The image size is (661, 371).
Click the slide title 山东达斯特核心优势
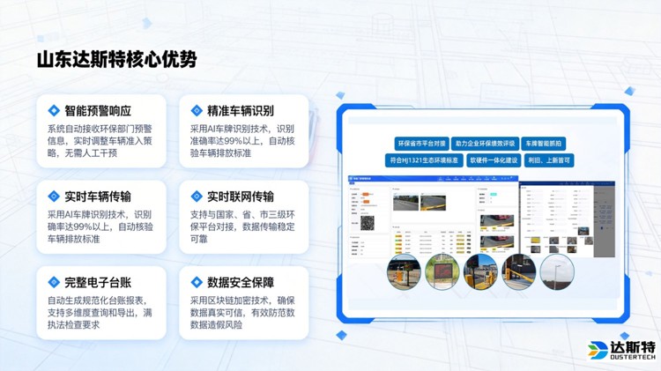pos(116,60)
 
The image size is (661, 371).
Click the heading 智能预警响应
pos(98,111)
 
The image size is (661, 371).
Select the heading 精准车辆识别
pos(240,111)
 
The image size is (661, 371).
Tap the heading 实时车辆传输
pos(98,197)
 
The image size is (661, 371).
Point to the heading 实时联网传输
pos(240,197)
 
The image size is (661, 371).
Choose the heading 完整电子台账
pos(98,283)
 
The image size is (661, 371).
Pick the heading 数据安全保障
pos(240,283)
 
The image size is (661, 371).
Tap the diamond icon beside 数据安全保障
pos(197,283)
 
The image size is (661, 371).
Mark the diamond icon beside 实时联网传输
pos(197,197)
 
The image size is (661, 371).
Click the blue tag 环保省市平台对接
pos(420,143)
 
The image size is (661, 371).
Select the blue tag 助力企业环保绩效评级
pos(485,143)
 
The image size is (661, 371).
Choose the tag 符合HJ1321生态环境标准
pos(425,160)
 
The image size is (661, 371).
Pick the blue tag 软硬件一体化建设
pos(493,160)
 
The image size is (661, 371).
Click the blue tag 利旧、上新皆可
pos(549,160)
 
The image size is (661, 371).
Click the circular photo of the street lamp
pos(557,272)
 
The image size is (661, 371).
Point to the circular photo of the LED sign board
pos(442,272)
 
